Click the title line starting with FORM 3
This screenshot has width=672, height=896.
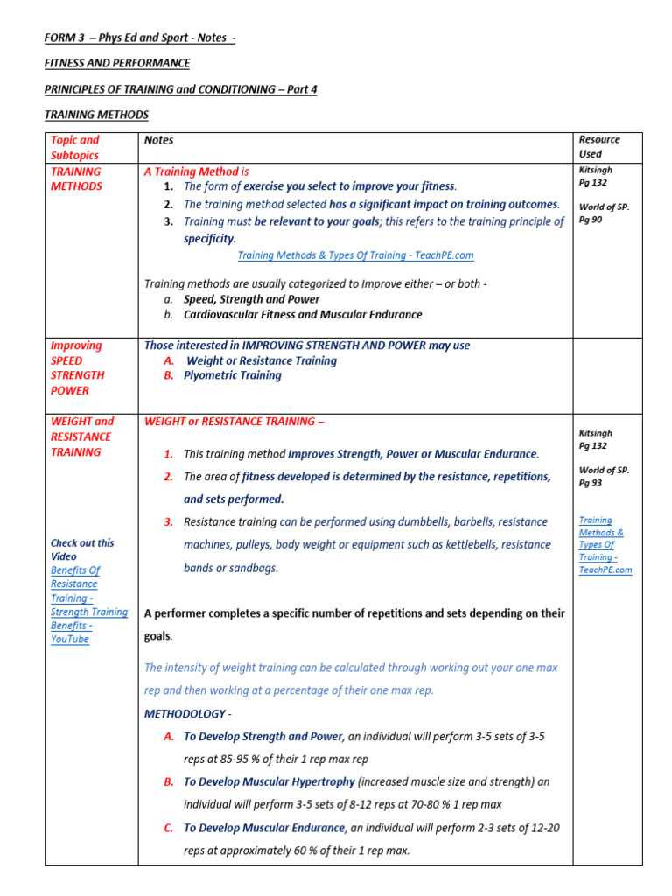click(140, 38)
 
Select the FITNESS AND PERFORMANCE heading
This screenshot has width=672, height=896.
click(117, 64)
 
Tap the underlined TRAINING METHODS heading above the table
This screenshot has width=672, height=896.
click(96, 115)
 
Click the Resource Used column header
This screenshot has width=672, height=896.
click(599, 147)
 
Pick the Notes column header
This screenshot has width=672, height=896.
click(159, 140)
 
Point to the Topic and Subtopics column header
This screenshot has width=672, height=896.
click(75, 147)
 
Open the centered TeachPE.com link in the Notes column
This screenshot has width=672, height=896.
click(355, 255)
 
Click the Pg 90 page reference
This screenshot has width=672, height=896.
click(591, 220)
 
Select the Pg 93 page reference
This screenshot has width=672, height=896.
click(591, 482)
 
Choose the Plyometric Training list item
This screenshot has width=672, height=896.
click(232, 375)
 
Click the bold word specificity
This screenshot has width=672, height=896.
click(210, 238)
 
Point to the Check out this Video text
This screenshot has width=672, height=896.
click(82, 549)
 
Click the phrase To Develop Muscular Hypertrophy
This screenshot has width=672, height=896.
click(269, 781)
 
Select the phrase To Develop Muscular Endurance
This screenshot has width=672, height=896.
click(264, 828)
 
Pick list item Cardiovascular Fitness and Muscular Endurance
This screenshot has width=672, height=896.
click(303, 314)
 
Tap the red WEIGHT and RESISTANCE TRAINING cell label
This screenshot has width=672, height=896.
click(81, 437)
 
